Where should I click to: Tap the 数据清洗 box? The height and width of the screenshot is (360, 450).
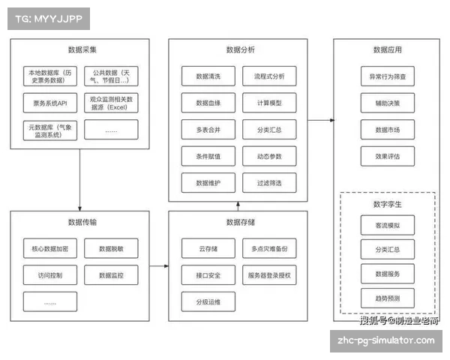tap(207, 76)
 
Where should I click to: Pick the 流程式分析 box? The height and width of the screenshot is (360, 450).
tap(268, 76)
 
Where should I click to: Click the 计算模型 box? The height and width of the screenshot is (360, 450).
tap(268, 103)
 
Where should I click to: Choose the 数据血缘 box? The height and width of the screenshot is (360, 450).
tap(207, 103)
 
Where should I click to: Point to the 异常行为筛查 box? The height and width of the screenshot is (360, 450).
tap(387, 76)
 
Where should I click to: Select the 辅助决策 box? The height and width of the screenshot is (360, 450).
tap(387, 103)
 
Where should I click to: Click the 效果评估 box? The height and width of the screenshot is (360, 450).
tap(387, 157)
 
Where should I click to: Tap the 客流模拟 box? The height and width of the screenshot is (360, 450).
tap(387, 224)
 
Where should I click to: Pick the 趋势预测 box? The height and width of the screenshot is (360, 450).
tap(387, 298)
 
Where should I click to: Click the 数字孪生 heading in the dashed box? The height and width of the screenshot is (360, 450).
tap(387, 202)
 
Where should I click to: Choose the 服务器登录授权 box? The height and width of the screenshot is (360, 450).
tap(268, 275)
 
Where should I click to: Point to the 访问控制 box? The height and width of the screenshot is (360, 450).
tap(50, 275)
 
